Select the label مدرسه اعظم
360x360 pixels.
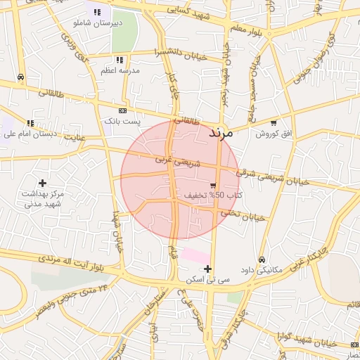pos(120,71)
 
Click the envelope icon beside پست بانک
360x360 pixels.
pos(123,110)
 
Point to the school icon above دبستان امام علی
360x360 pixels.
pos(30,123)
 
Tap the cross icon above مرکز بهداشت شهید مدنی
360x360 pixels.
pos(42,183)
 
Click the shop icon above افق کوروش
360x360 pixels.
pos(274,122)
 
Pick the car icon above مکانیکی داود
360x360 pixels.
pos(262,259)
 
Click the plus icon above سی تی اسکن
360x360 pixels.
pos(207,269)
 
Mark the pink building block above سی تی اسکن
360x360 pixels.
pos(195,255)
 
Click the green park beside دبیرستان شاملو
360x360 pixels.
pos(124,32)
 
